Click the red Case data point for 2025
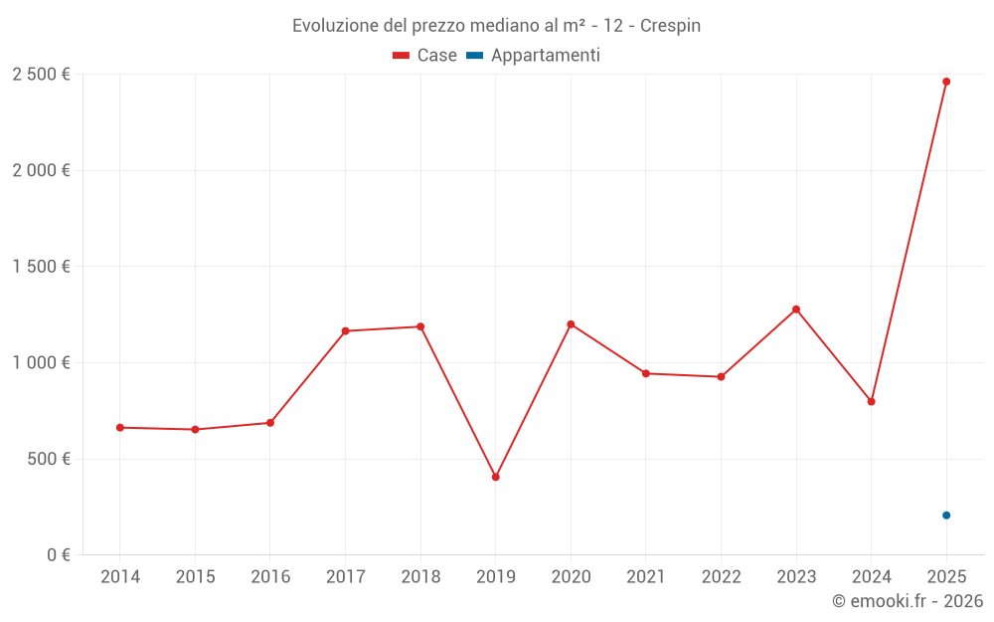coord(946,82)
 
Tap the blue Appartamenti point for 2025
coord(946,516)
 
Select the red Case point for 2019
coord(495,477)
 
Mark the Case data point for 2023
coord(796,310)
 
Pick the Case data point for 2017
coord(345,331)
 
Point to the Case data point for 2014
coord(120,428)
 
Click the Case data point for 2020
coord(571,324)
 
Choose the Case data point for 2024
coord(871,402)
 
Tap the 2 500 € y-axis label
coord(41,75)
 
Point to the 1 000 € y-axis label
coord(41,363)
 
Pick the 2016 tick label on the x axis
coord(270,577)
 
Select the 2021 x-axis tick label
coord(646,577)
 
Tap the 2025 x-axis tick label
coord(946,577)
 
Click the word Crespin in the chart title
coord(670,26)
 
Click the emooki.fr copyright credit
coord(908,601)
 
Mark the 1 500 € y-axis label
coord(41,267)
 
